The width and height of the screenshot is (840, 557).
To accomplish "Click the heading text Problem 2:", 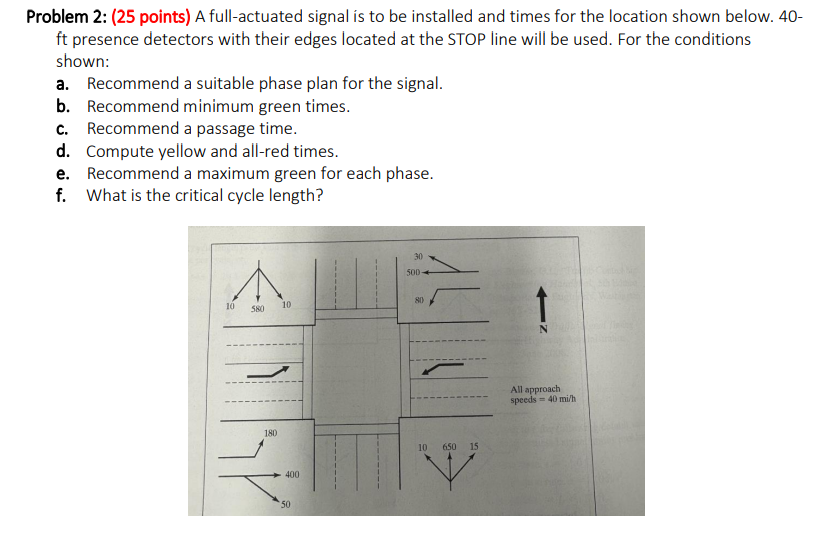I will pyautogui.click(x=66, y=17).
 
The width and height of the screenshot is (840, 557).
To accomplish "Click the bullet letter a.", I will pyautogui.click(x=63, y=84).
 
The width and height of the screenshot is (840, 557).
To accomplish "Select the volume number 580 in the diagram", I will pyautogui.click(x=257, y=309).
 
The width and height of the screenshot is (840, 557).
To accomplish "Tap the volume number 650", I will pyautogui.click(x=449, y=445).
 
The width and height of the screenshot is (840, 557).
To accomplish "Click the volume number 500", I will pyautogui.click(x=413, y=271).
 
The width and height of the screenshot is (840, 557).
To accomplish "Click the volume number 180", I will pyautogui.click(x=270, y=432).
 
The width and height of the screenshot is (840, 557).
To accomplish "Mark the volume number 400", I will pyautogui.click(x=291, y=474).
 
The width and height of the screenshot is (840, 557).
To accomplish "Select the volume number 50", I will pyautogui.click(x=285, y=504).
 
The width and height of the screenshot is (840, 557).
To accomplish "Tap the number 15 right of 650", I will pyautogui.click(x=474, y=445).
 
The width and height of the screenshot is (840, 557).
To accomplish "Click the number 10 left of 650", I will pyautogui.click(x=423, y=445).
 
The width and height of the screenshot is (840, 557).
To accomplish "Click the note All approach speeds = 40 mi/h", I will pyautogui.click(x=542, y=395).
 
